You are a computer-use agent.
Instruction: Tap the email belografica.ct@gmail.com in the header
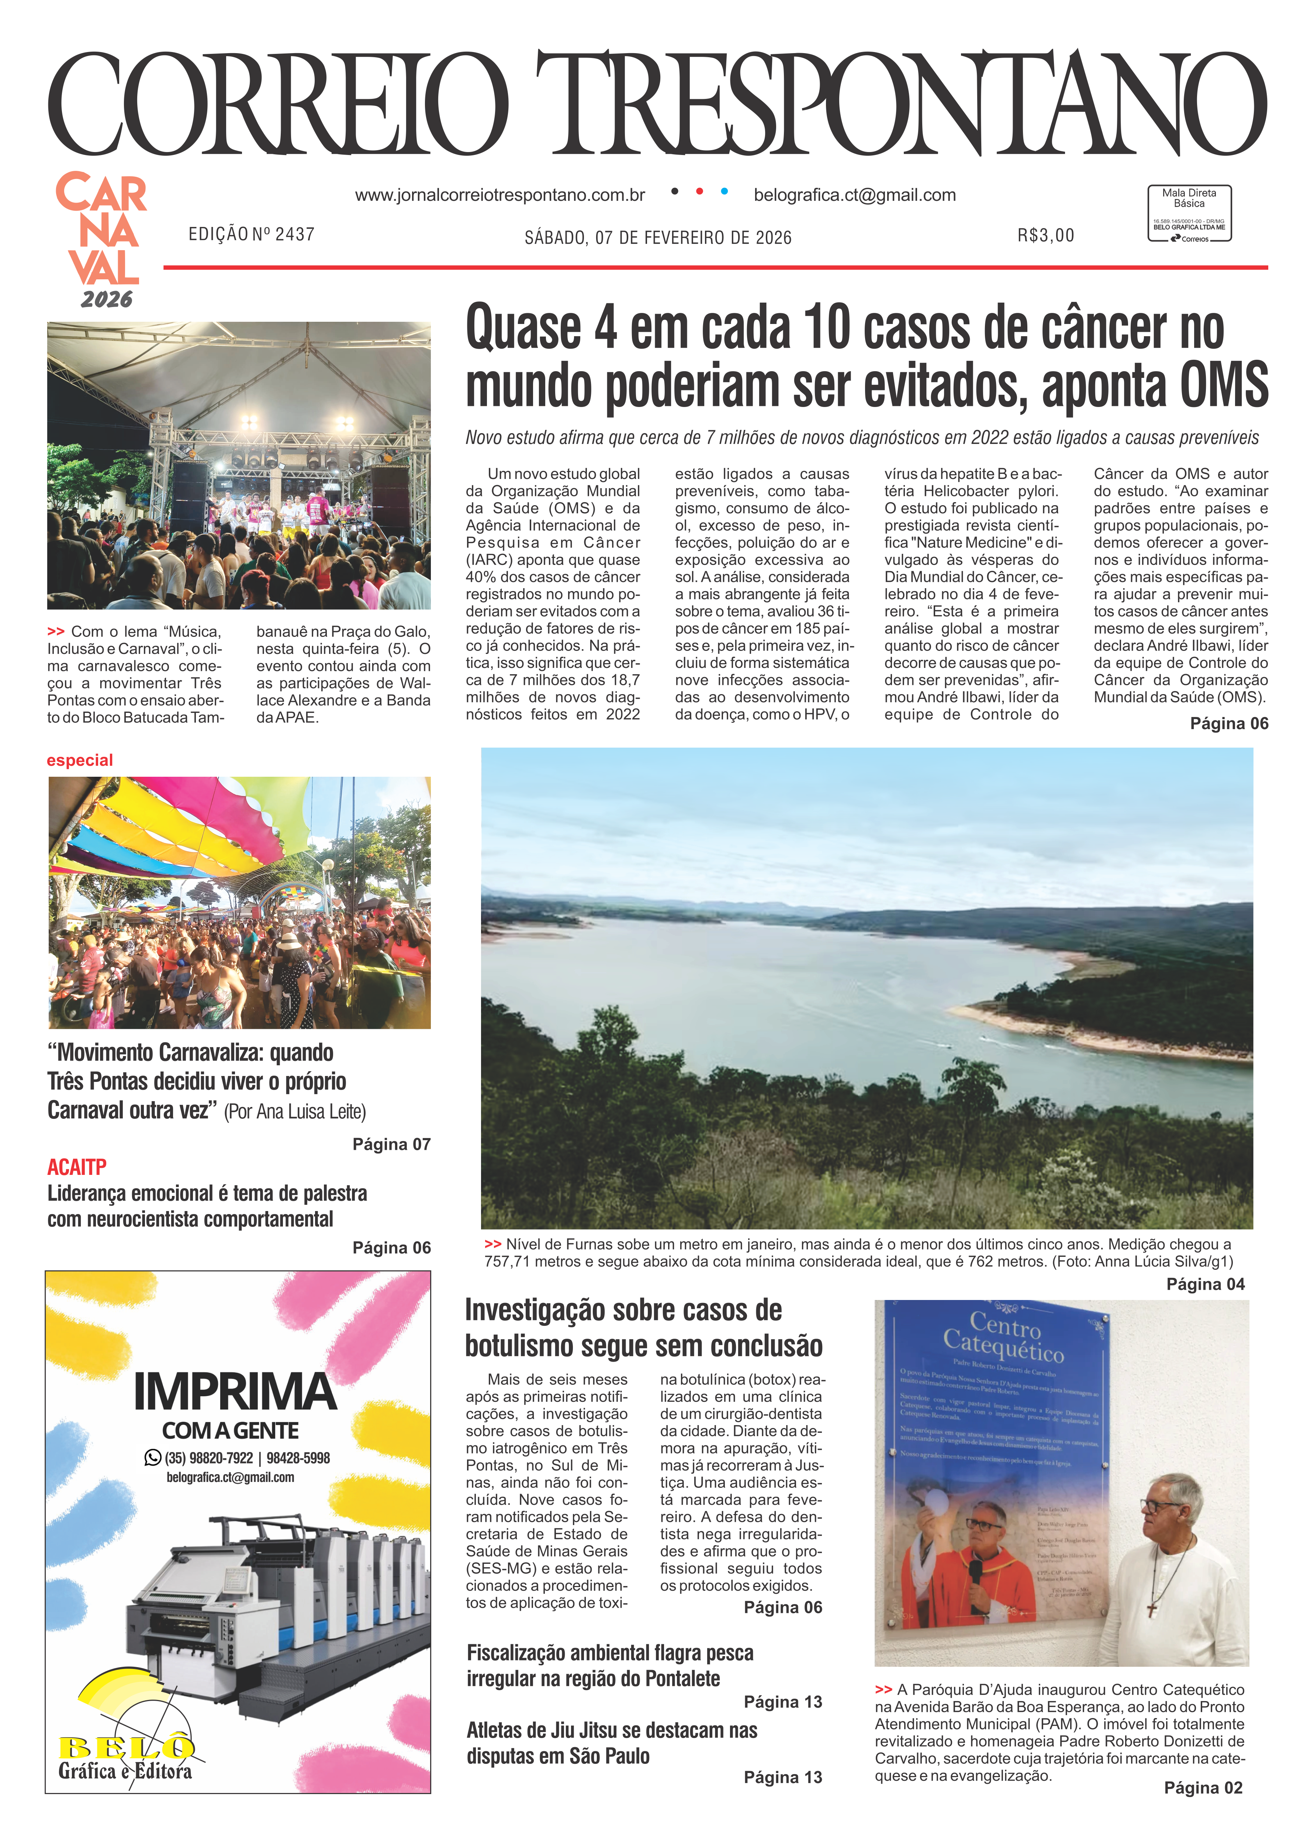[x=854, y=195]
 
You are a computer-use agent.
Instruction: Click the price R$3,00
[x=1045, y=235]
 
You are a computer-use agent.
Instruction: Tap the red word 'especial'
[x=79, y=760]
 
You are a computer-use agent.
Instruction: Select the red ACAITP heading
[x=77, y=1167]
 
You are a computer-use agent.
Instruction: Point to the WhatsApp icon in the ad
[x=152, y=1458]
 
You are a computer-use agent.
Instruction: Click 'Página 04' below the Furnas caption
[x=1205, y=1284]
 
